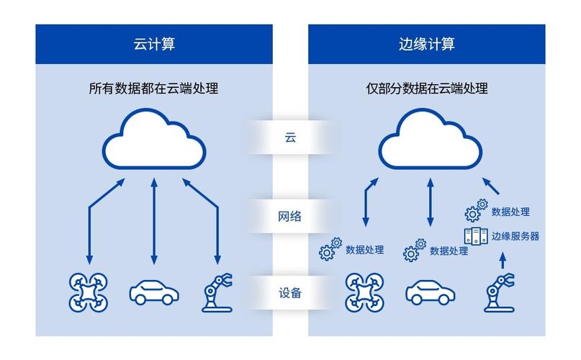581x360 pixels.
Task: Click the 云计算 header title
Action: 154,44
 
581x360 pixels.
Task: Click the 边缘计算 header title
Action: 426,44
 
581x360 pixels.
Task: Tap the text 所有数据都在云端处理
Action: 153,89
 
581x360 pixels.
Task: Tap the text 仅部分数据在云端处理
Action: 426,89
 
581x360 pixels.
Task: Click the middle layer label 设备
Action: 290,293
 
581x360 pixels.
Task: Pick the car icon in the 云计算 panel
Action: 153,292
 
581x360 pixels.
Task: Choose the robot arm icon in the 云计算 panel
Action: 215,292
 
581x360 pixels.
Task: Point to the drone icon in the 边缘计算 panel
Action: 365,292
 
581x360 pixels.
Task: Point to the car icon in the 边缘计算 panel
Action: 430,293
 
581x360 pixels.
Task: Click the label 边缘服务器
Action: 515,235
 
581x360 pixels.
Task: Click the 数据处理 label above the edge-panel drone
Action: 364,250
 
